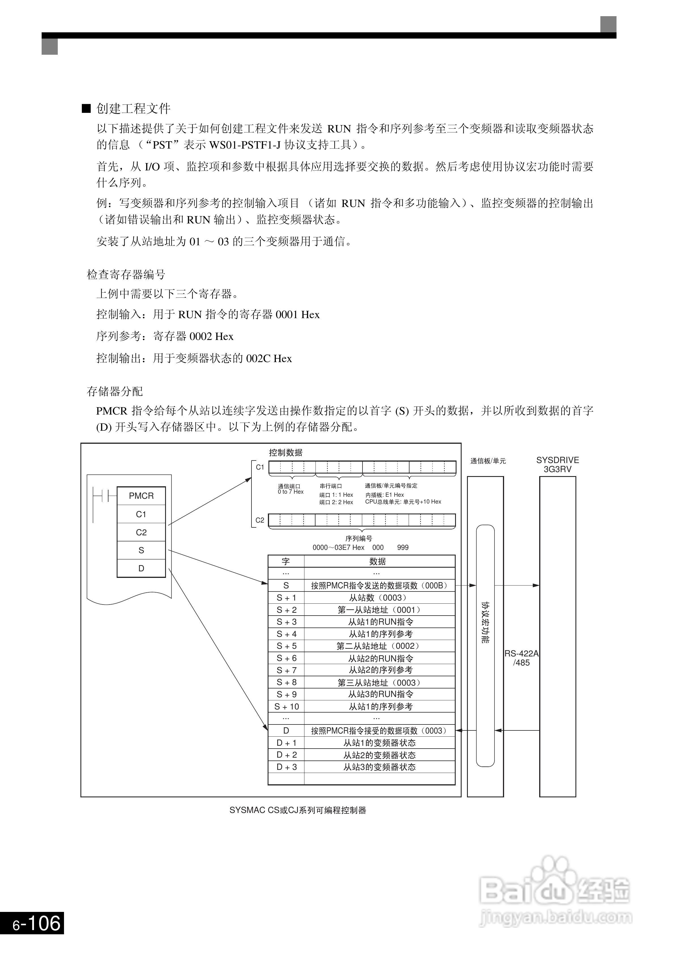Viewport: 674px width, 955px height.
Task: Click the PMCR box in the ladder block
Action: coord(141,496)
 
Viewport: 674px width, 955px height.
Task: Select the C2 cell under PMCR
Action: coord(141,533)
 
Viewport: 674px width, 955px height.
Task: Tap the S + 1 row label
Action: coord(286,598)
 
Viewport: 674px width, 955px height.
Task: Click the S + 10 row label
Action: coord(286,707)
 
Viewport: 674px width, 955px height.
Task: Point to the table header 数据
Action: coord(377,561)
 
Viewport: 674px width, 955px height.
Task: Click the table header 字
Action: coord(286,561)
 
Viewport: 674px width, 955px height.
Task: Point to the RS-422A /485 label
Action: coord(521,658)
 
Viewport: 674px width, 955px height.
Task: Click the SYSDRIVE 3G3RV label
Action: coord(557,465)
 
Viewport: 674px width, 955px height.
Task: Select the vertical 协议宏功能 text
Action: coord(485,622)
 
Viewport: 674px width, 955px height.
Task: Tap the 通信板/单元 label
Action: coord(488,461)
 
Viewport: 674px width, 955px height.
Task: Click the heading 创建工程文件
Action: coord(133,109)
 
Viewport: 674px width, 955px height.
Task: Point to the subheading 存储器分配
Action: coord(115,391)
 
